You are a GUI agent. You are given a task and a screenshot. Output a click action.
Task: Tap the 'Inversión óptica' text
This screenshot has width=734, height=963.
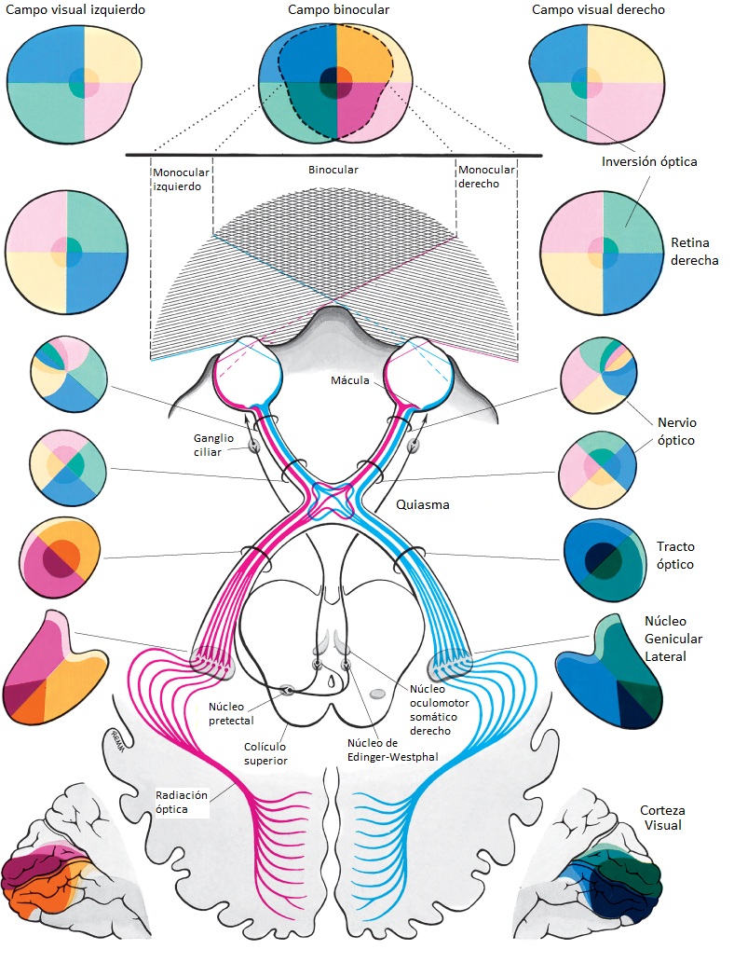[x=650, y=161]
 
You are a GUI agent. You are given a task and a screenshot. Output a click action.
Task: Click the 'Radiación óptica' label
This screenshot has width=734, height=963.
[x=182, y=803]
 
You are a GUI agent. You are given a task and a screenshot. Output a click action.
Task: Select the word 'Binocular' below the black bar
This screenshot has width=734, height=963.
[x=333, y=172]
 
